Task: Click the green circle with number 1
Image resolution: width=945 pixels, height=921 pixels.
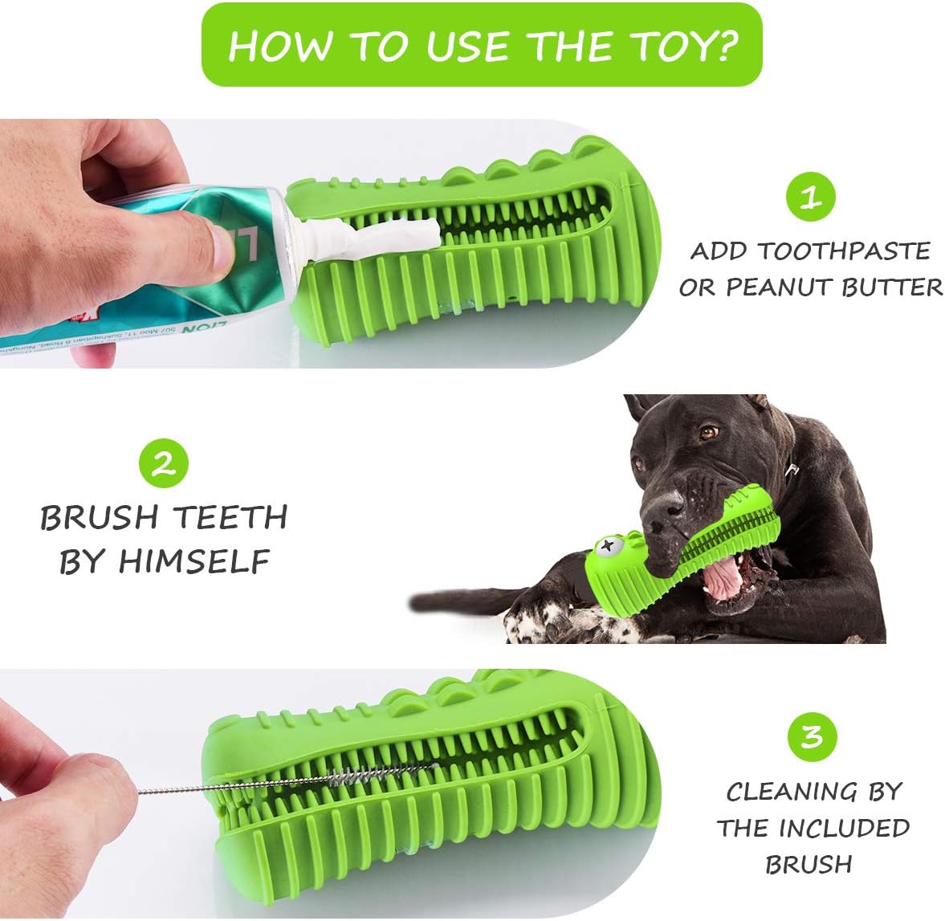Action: pyautogui.click(x=810, y=197)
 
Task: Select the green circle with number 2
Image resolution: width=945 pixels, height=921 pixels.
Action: pyautogui.click(x=164, y=465)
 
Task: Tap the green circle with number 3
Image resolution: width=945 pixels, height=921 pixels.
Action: pyautogui.click(x=812, y=736)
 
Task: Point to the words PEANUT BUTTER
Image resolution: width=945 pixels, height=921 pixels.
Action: pyautogui.click(x=834, y=287)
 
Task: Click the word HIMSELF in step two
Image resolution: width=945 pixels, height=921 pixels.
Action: pyautogui.click(x=193, y=562)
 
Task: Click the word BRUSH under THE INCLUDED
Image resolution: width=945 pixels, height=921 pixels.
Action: pyautogui.click(x=809, y=864)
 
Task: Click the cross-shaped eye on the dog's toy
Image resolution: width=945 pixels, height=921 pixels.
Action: pyautogui.click(x=609, y=548)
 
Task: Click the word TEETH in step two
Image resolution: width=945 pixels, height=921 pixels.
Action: pyautogui.click(x=233, y=518)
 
